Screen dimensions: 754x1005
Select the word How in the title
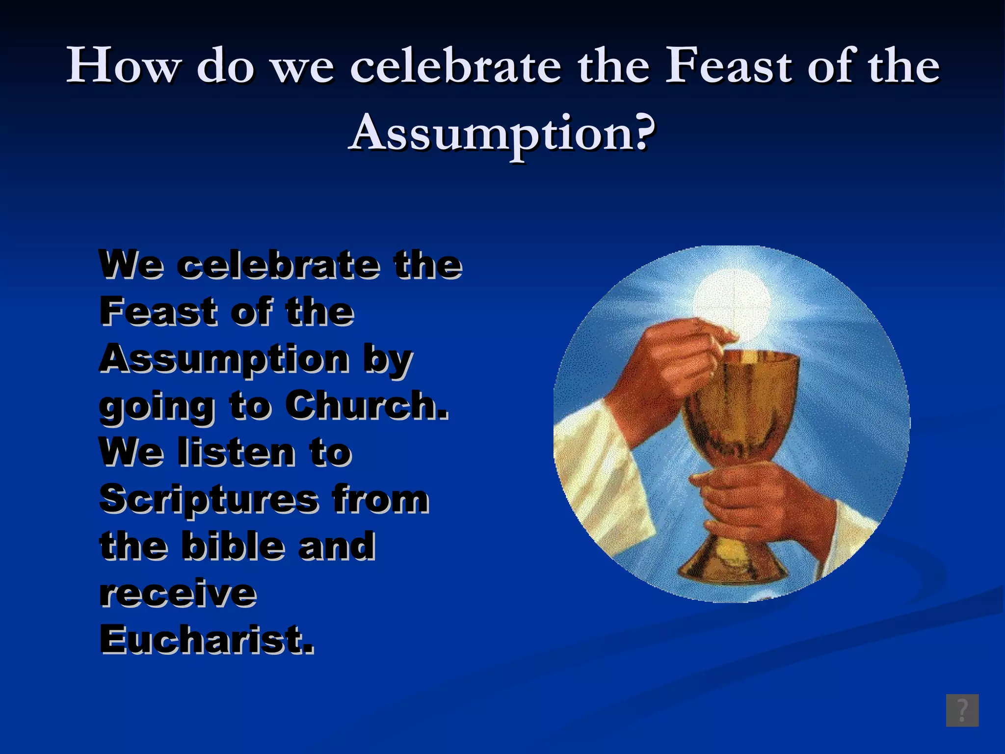[x=123, y=66]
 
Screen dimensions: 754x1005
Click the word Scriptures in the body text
[x=209, y=499]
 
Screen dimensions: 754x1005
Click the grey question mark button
[x=962, y=710]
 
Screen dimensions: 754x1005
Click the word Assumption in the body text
[x=224, y=359]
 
